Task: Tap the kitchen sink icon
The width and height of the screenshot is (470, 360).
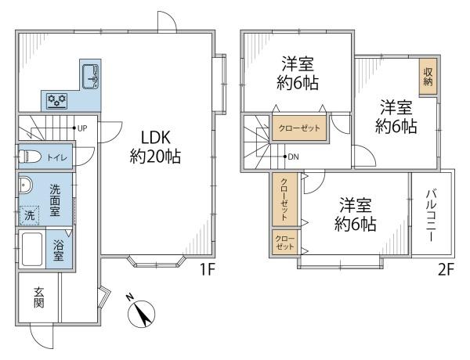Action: click(x=91, y=77)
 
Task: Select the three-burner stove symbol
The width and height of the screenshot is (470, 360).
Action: click(x=57, y=99)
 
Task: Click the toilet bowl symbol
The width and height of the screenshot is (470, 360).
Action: click(x=30, y=155)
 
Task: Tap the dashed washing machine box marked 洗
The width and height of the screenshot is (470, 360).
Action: click(x=29, y=214)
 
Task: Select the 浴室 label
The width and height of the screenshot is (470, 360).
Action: click(x=57, y=250)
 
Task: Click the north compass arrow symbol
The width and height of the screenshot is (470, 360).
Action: click(x=141, y=313)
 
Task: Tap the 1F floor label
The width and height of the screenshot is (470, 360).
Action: click(x=207, y=270)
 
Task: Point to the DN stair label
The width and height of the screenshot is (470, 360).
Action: click(x=291, y=157)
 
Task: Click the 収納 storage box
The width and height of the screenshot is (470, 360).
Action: click(x=428, y=77)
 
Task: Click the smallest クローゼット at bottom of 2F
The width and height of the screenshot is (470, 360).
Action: click(x=284, y=241)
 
